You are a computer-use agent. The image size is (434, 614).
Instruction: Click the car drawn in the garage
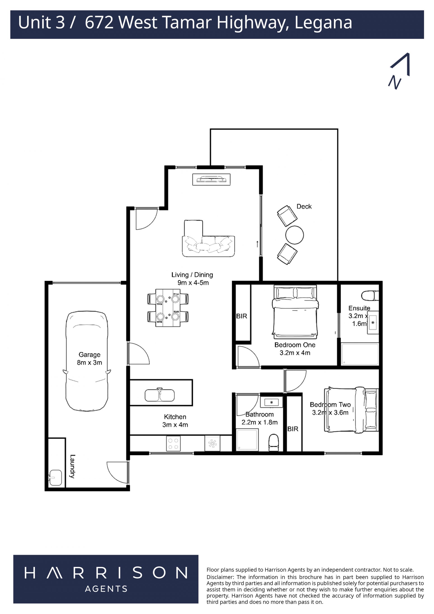point(87,361)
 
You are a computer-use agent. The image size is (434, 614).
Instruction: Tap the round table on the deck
point(295,235)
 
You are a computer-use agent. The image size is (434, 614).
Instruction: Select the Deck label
point(304,206)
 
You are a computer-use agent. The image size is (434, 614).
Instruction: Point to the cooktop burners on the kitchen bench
point(173,444)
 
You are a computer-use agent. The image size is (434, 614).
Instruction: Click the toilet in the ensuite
point(370,296)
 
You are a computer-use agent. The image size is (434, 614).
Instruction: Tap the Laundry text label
point(72,466)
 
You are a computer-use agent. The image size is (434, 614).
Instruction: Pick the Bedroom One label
point(295,345)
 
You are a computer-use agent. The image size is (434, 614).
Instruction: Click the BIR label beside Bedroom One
point(242,316)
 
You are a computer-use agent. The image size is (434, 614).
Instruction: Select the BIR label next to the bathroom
point(293,429)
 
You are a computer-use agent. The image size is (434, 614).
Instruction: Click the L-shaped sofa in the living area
point(208,239)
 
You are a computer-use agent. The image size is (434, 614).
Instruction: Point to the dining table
point(168,308)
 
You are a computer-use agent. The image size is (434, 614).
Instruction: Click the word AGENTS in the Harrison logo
point(106,589)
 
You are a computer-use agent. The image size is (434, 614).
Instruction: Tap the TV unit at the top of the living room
point(211,179)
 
